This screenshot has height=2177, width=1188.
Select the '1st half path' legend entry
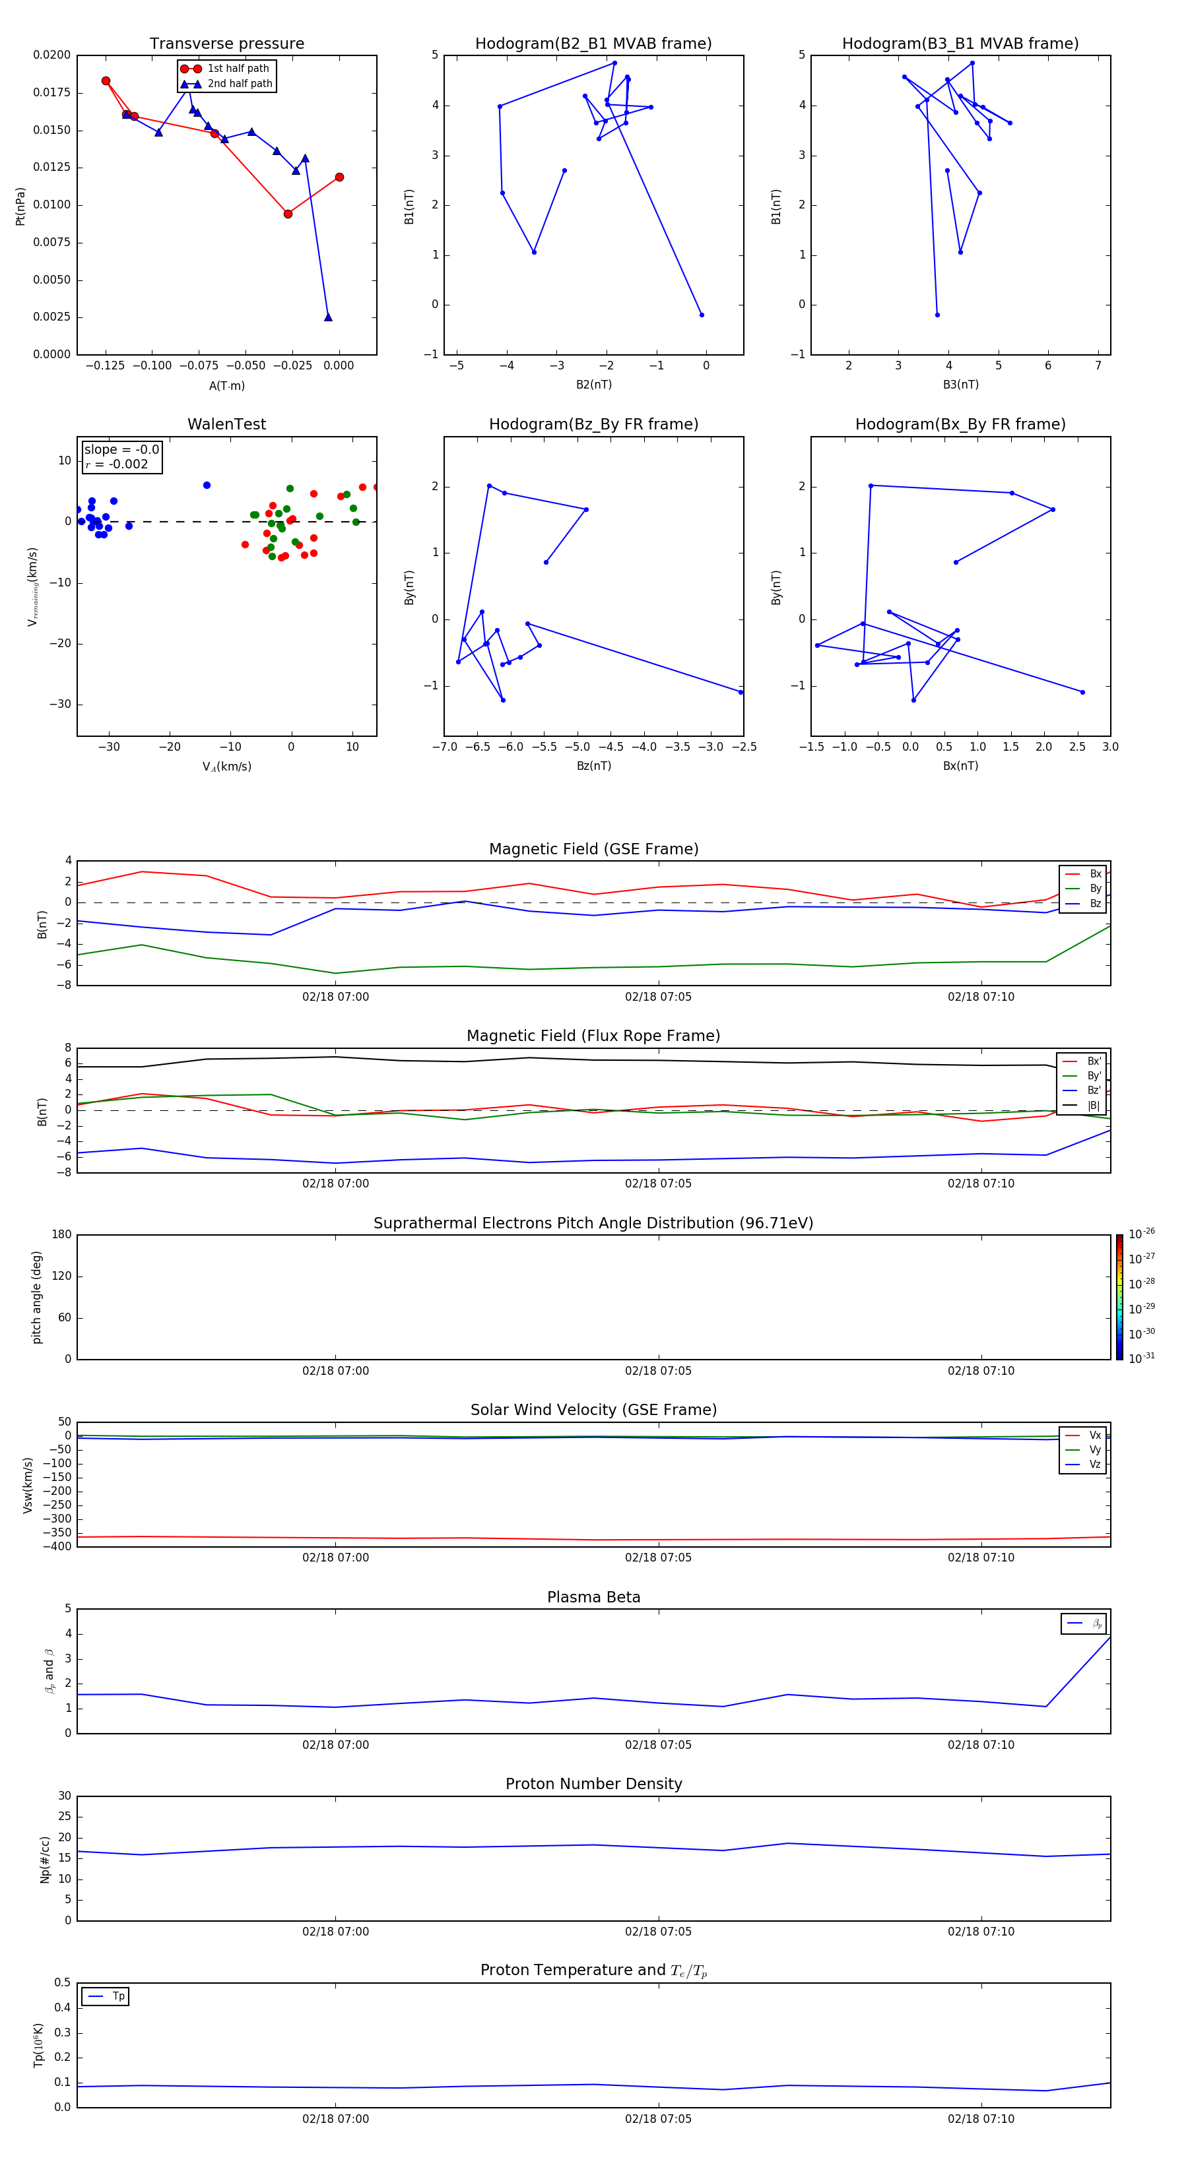pos(238,69)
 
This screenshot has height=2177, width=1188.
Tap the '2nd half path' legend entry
pos(240,84)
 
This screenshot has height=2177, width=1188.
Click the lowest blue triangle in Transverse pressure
pos(328,317)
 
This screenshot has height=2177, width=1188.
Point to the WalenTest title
pos(226,424)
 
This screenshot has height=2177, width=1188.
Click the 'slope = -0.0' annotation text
pos(121,450)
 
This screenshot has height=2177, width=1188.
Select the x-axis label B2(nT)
pos(593,385)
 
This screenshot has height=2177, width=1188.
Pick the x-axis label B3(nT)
pos(960,385)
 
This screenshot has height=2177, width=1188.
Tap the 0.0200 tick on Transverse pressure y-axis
pos(51,55)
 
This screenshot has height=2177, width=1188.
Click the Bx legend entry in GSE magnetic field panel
pos(1095,874)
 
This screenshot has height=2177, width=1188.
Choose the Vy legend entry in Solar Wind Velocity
pos(1095,1449)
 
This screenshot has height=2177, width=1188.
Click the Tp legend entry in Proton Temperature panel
pos(118,1996)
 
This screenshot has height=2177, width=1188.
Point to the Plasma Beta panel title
pos(593,1597)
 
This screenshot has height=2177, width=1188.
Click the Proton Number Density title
pos(593,1784)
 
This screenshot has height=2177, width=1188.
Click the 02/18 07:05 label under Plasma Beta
pos(658,1744)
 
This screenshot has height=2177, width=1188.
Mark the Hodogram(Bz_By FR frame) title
pos(593,424)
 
